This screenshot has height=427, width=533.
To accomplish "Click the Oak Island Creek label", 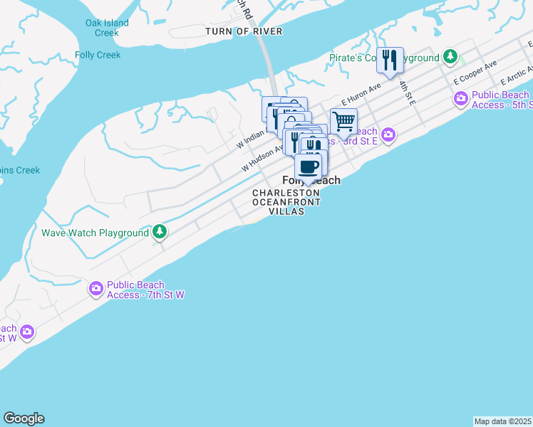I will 107,28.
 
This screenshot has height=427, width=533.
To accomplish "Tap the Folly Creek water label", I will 98,55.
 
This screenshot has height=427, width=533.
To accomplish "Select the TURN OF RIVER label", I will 244,31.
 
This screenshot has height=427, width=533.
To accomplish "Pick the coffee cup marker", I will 309,167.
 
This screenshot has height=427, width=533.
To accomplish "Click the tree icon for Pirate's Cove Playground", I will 450,56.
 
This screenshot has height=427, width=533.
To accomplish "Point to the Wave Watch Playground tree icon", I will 160,232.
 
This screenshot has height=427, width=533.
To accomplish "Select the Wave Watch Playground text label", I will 95,233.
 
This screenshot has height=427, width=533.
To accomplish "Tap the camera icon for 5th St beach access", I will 461,98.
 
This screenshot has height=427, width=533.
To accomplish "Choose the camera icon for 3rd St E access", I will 388,134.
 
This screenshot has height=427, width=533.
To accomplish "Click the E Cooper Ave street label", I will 475,73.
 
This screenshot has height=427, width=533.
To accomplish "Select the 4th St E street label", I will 406,93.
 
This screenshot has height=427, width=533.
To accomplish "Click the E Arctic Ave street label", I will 517,74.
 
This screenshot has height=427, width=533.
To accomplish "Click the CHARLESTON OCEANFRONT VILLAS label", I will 286,202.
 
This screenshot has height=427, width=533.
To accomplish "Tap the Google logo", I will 24,418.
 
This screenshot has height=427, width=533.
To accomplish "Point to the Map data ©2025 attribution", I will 502,421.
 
